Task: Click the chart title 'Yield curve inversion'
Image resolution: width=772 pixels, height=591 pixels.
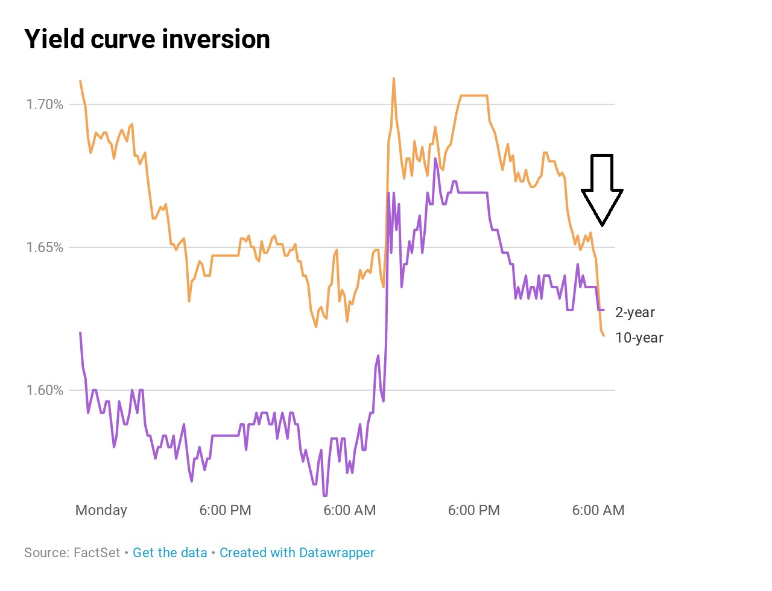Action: coord(147,40)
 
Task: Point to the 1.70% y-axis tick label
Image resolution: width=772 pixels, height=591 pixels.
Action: coord(45,104)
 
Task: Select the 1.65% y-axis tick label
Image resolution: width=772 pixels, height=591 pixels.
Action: coord(45,247)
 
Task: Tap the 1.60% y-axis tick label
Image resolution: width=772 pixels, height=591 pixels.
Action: coord(45,390)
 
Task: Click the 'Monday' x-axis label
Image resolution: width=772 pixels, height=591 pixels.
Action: coord(101,510)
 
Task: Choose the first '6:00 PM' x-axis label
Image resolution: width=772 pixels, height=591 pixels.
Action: coord(225,510)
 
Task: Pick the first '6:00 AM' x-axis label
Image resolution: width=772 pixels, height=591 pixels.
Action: coord(349,510)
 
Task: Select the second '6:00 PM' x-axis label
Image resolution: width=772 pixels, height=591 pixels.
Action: coord(473,510)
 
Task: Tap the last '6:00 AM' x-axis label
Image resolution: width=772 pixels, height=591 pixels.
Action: coord(598,510)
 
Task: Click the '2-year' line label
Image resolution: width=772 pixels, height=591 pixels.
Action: coord(634,312)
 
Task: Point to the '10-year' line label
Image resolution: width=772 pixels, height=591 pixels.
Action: coord(639,338)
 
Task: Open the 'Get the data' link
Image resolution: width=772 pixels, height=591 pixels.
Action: coord(169,552)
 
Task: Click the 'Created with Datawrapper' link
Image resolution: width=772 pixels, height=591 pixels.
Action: coord(297,552)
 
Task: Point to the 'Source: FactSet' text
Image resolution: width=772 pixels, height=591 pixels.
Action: coord(72,552)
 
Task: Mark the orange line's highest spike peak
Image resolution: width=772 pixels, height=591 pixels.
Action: coord(394,78)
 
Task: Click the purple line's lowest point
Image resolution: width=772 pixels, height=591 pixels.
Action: coord(325,495)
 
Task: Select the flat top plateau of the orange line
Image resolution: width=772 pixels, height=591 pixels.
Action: coord(473,95)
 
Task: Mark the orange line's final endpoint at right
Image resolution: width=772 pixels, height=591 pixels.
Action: coord(603,335)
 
